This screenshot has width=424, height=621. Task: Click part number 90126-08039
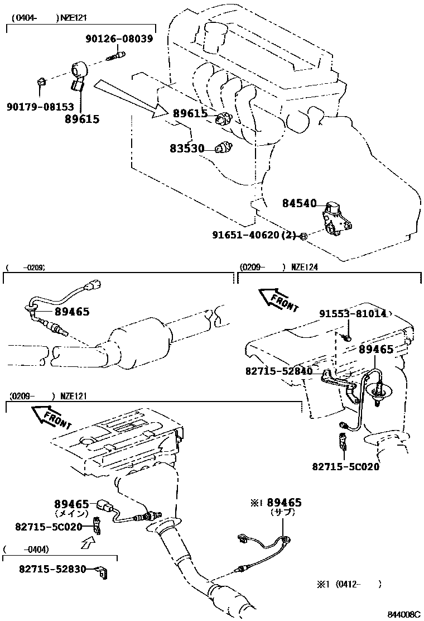pos(120,39)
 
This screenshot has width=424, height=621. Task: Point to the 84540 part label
pos(299,204)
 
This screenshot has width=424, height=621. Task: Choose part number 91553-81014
pos(353,314)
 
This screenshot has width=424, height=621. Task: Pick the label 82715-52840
pos(278,370)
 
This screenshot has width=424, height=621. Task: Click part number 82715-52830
pos(52,569)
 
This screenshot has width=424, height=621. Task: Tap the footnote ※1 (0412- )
pos(350,585)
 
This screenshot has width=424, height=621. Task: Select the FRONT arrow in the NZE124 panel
pos(277,300)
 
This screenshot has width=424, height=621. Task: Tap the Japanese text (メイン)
pos(71,513)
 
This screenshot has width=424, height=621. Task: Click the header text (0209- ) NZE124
pos(279,267)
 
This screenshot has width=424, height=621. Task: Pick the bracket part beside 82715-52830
pos(102,571)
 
